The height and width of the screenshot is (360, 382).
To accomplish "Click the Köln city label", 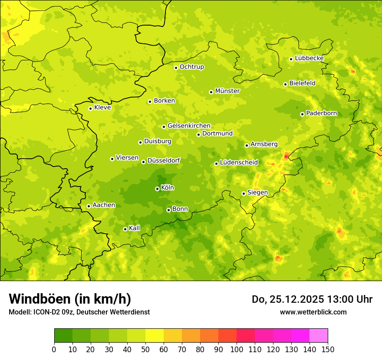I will tap(168, 188).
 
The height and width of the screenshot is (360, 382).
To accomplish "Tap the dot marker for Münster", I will tap(211, 92).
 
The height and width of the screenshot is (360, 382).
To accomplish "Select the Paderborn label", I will tap(321, 113).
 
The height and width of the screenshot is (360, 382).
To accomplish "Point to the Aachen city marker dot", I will tap(89, 206).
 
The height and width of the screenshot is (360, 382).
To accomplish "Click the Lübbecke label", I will tap(309, 58).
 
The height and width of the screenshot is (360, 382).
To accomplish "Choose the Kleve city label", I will tap(102, 108).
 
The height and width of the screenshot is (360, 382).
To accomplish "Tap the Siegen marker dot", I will tap(244, 193).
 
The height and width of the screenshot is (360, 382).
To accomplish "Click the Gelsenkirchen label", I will tap(189, 126).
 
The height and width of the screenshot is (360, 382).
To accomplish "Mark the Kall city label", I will tap(135, 228).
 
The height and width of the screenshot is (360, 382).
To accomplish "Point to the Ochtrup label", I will tap(192, 67).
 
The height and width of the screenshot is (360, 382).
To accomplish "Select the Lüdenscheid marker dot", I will tap(216, 164).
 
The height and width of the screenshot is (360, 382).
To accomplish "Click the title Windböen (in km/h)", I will tap(69, 299).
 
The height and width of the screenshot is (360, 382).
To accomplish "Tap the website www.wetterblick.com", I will tap(313, 312).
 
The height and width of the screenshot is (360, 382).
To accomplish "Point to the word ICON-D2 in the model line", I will tap(46, 312).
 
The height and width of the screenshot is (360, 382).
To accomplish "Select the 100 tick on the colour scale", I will tap(237, 350).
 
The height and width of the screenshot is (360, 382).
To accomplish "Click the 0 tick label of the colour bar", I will tap(54, 350).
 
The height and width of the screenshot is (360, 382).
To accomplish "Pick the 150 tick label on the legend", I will tap(328, 350).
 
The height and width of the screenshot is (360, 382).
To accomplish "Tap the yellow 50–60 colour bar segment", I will tap(155, 336).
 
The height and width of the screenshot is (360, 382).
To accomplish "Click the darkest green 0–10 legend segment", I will tap(63, 336).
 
